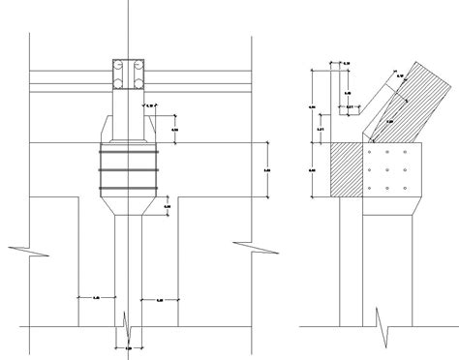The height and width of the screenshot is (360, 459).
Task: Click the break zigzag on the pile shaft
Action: [x=127, y=319]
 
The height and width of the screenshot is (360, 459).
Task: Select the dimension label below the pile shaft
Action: [x=127, y=345]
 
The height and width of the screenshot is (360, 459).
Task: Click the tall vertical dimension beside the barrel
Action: [x=266, y=170]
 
